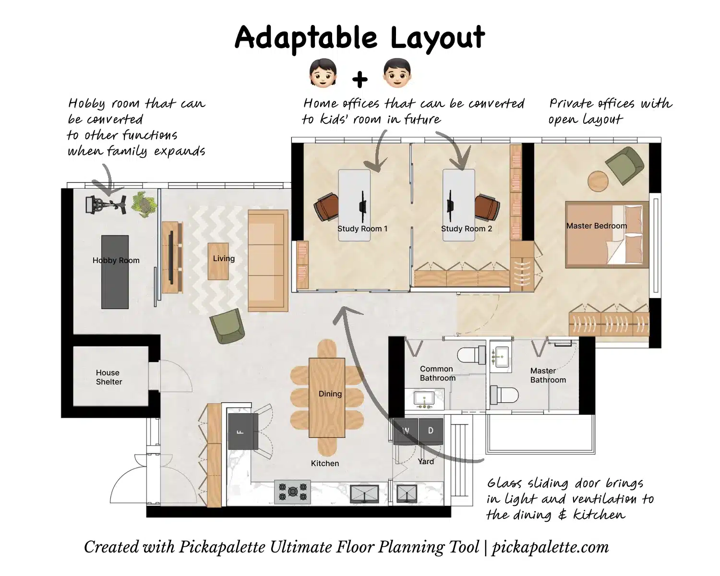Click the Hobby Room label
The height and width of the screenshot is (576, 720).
pyautogui.click(x=116, y=261)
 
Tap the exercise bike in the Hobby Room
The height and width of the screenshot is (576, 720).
pyautogui.click(x=106, y=204)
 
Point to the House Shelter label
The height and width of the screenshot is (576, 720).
pyautogui.click(x=108, y=377)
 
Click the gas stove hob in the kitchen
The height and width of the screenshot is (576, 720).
pyautogui.click(x=292, y=492)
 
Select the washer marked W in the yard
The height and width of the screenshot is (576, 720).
pyautogui.click(x=406, y=431)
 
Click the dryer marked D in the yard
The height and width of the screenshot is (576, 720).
pyautogui.click(x=431, y=431)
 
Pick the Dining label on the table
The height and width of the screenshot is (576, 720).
pyautogui.click(x=330, y=394)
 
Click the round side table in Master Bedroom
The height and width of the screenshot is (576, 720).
pyautogui.click(x=598, y=181)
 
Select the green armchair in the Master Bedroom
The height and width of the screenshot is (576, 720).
pyautogui.click(x=625, y=165)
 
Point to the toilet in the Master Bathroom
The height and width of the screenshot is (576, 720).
pyautogui.click(x=504, y=396)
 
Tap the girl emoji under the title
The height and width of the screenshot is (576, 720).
pyautogui.click(x=323, y=73)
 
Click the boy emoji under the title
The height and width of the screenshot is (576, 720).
pyautogui.click(x=397, y=73)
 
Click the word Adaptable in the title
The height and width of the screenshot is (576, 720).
pyautogui.click(x=306, y=38)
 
